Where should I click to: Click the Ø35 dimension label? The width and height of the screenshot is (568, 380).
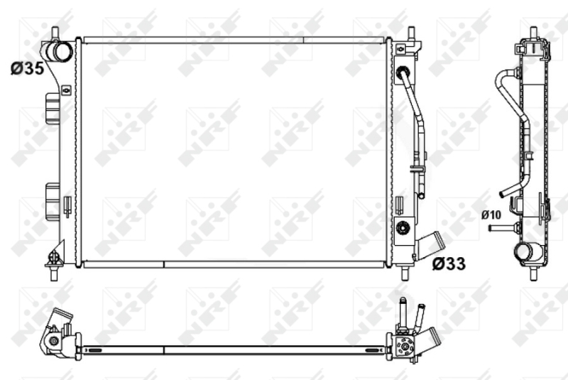(x=27, y=68)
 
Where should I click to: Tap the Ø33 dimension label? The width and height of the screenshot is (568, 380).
(x=449, y=264)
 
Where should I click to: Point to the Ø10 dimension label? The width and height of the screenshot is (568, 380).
(x=491, y=215)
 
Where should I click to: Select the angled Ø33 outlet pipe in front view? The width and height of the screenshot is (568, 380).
(x=431, y=245)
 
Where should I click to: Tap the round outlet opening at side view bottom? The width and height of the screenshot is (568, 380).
(x=524, y=251)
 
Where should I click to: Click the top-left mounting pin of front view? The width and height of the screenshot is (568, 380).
(x=55, y=33)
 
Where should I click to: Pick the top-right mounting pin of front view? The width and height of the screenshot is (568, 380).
(x=411, y=33)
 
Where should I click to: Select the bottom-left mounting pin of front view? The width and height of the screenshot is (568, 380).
(x=54, y=273)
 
